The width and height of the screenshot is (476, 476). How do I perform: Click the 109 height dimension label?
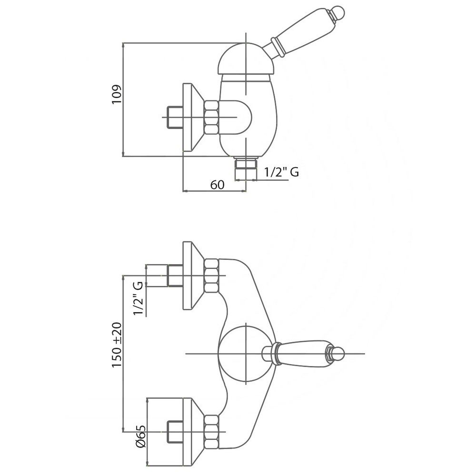pos(117,95)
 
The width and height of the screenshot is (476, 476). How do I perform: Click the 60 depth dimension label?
pos(218,185)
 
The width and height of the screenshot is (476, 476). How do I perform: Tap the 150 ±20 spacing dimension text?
pos(117,345)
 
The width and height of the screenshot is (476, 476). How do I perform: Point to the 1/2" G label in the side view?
pos(281,172)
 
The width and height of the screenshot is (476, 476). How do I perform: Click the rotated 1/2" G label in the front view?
pos(138,298)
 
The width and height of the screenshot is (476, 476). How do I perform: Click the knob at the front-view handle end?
pos(337,354)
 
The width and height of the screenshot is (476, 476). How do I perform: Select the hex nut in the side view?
pos(212,118)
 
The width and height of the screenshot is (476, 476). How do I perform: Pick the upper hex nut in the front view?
pos(212,276)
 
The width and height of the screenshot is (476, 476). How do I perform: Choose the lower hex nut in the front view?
pos(212,432)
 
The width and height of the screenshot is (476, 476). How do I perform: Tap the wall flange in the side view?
pos(193,118)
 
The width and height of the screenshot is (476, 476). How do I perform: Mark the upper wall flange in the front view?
pos(193,276)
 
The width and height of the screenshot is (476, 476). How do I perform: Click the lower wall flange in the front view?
pos(193,432)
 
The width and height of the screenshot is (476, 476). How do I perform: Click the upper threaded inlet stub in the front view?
pos(175,276)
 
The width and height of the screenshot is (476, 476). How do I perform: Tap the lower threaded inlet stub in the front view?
pos(175,432)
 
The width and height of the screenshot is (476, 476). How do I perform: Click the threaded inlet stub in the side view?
pos(175,118)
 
